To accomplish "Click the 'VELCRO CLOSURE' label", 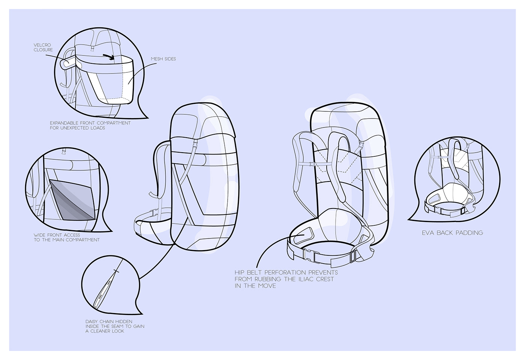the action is click(x=43, y=48).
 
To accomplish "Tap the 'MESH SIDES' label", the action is click(x=163, y=59).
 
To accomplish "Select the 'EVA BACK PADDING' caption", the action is click(x=452, y=233).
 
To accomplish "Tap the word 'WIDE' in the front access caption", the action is click(x=40, y=235).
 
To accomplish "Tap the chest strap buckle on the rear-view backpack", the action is click(x=314, y=164).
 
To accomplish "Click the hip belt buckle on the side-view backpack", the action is click(x=153, y=211).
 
